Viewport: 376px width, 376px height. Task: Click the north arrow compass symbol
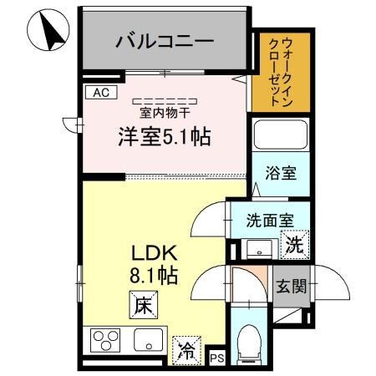[47, 31]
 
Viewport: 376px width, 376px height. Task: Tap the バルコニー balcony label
[165, 40]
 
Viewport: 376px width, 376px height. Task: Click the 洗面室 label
[267, 221]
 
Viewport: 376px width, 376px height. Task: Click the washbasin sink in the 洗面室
[257, 247]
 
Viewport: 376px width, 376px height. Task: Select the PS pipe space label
[216, 357]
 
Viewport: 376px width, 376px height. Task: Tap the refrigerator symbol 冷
[185, 351]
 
